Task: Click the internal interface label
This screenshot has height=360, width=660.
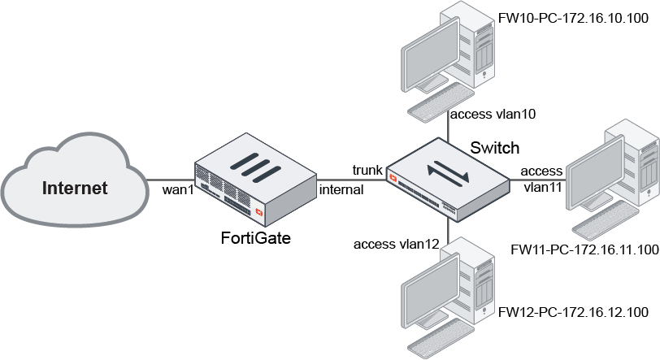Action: coord(341,189)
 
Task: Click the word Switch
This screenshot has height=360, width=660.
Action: coord(495,147)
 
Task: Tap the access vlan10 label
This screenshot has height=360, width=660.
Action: coord(493,115)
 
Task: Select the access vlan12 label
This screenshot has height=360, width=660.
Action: coord(396,243)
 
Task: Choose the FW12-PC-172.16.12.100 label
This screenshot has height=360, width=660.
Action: coord(572,312)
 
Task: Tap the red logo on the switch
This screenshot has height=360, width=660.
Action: coord(396,177)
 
